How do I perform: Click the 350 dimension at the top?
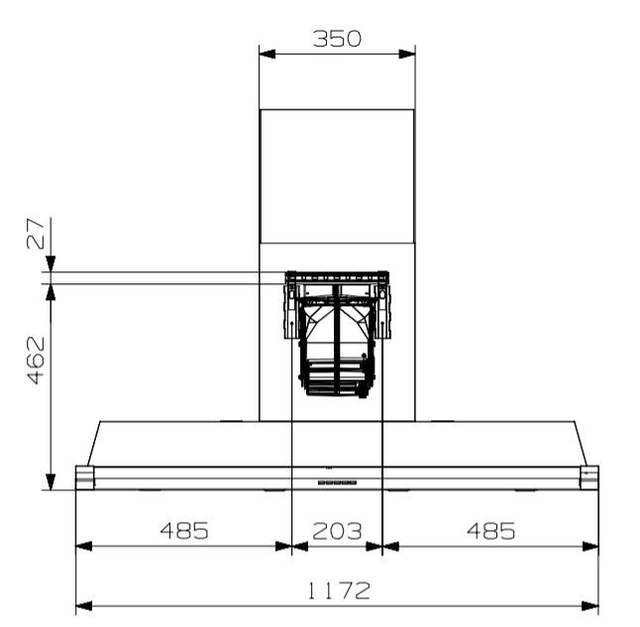[337, 39]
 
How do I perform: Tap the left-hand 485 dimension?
[185, 531]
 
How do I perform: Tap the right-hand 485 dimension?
[491, 531]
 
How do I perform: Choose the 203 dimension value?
[337, 531]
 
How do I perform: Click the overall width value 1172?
[337, 591]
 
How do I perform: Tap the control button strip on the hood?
[337, 482]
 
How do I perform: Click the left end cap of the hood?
[85, 477]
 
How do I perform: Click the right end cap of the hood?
[589, 477]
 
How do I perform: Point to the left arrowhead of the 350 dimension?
[266, 52]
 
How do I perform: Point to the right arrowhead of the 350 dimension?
[407, 52]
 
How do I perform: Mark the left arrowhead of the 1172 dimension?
[83, 606]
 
